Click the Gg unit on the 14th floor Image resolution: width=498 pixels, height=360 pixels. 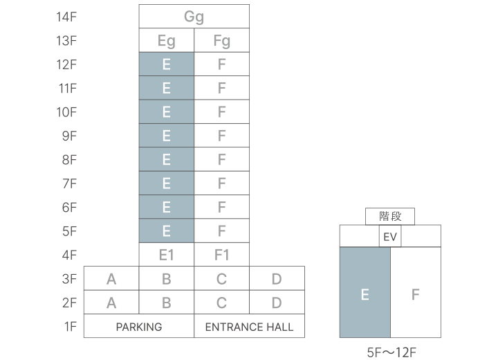point(194,17)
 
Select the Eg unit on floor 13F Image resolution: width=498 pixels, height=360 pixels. point(166,41)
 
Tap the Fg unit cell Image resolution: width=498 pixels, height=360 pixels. point(221,41)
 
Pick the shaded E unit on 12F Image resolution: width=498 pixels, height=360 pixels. point(166,64)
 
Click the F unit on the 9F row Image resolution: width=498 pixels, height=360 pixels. point(221,136)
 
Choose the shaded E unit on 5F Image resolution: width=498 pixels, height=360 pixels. point(166,231)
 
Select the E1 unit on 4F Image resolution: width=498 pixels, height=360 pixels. point(166,255)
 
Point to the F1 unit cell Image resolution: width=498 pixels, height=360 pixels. point(221,255)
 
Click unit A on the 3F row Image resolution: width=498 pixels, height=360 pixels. point(111,279)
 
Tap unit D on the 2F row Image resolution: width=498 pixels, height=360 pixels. point(277,303)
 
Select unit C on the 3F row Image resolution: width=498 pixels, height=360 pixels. point(221,279)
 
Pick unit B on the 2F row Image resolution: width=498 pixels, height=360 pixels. point(166,303)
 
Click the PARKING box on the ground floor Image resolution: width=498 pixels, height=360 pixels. point(139,327)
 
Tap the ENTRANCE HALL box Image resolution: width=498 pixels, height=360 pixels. point(249,327)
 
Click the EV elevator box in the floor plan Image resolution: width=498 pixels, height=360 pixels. point(390,237)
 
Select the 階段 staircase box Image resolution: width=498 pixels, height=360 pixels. point(390,216)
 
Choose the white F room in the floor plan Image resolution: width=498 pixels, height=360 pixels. point(416,294)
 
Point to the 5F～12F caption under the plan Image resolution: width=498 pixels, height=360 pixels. point(391,352)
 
